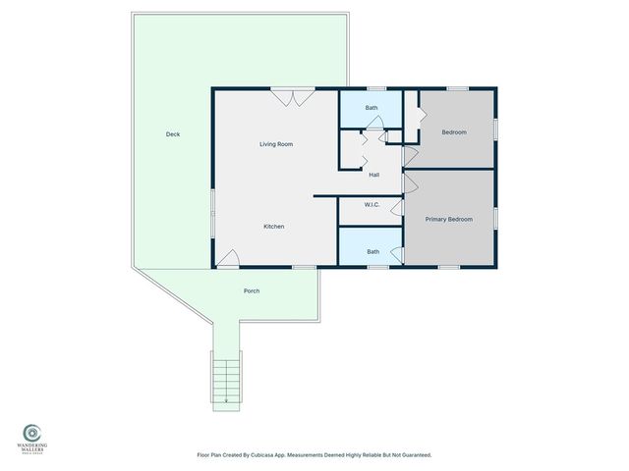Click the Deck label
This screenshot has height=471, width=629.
(x=173, y=134)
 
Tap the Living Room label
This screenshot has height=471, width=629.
(x=276, y=144)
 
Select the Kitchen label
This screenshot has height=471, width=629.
(x=274, y=227)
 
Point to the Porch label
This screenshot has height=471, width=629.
(x=252, y=291)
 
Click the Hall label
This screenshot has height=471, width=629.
(x=374, y=175)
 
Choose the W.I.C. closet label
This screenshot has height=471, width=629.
(x=372, y=205)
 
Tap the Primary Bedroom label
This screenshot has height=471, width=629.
(x=449, y=219)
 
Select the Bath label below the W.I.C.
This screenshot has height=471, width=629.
(x=373, y=251)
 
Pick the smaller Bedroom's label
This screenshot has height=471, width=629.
(x=453, y=132)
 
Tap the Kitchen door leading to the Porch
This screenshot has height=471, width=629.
(x=227, y=258)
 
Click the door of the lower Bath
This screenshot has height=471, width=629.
(x=396, y=255)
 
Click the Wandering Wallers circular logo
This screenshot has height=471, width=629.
(x=32, y=432)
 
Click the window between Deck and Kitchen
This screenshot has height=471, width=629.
(x=211, y=211)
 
